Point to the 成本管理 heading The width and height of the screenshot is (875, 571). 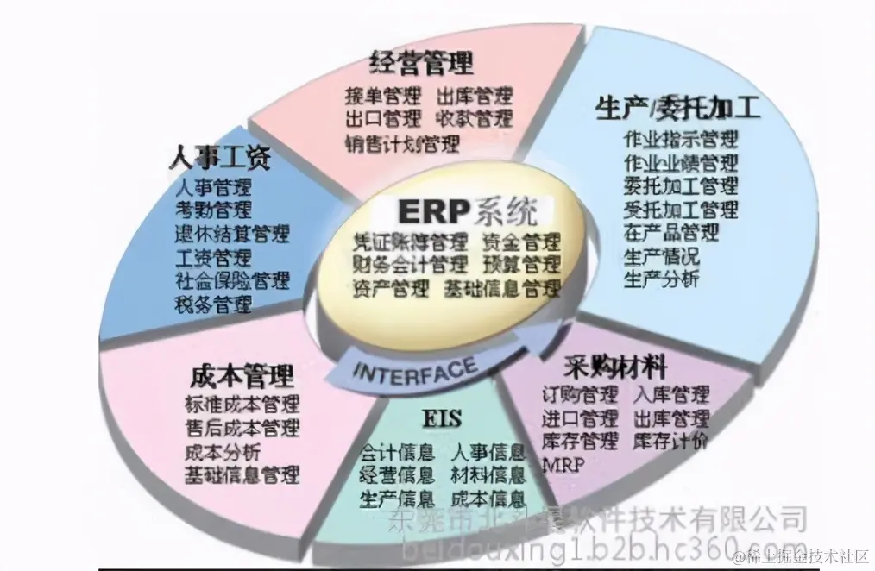point(241,376)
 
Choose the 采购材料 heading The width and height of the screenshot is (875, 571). point(616,367)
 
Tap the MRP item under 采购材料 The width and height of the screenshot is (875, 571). point(563,466)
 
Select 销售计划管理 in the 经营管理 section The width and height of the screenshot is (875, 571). point(402,143)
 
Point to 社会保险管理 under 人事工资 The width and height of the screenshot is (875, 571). point(232,281)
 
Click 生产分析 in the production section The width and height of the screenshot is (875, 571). point(661,279)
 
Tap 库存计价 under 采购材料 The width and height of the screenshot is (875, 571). point(670,442)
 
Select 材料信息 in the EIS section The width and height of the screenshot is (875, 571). point(488,474)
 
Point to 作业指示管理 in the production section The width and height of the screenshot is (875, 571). point(681,140)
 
